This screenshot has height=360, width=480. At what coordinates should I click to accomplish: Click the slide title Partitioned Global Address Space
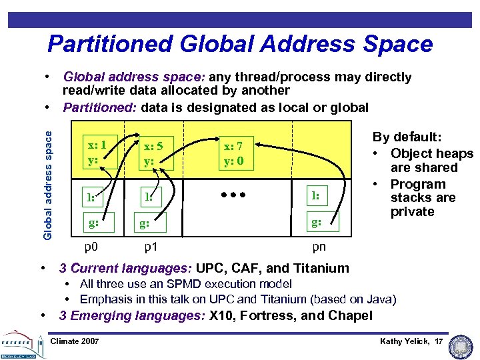coord(240,44)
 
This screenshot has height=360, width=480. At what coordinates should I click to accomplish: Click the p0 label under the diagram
coord(91,247)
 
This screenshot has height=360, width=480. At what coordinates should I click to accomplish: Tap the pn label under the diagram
coord(319,247)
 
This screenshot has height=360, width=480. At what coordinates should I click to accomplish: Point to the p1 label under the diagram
coord(151,247)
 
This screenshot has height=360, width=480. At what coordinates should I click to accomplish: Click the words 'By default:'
coord(407,137)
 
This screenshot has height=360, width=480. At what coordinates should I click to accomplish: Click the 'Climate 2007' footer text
coord(75,341)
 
